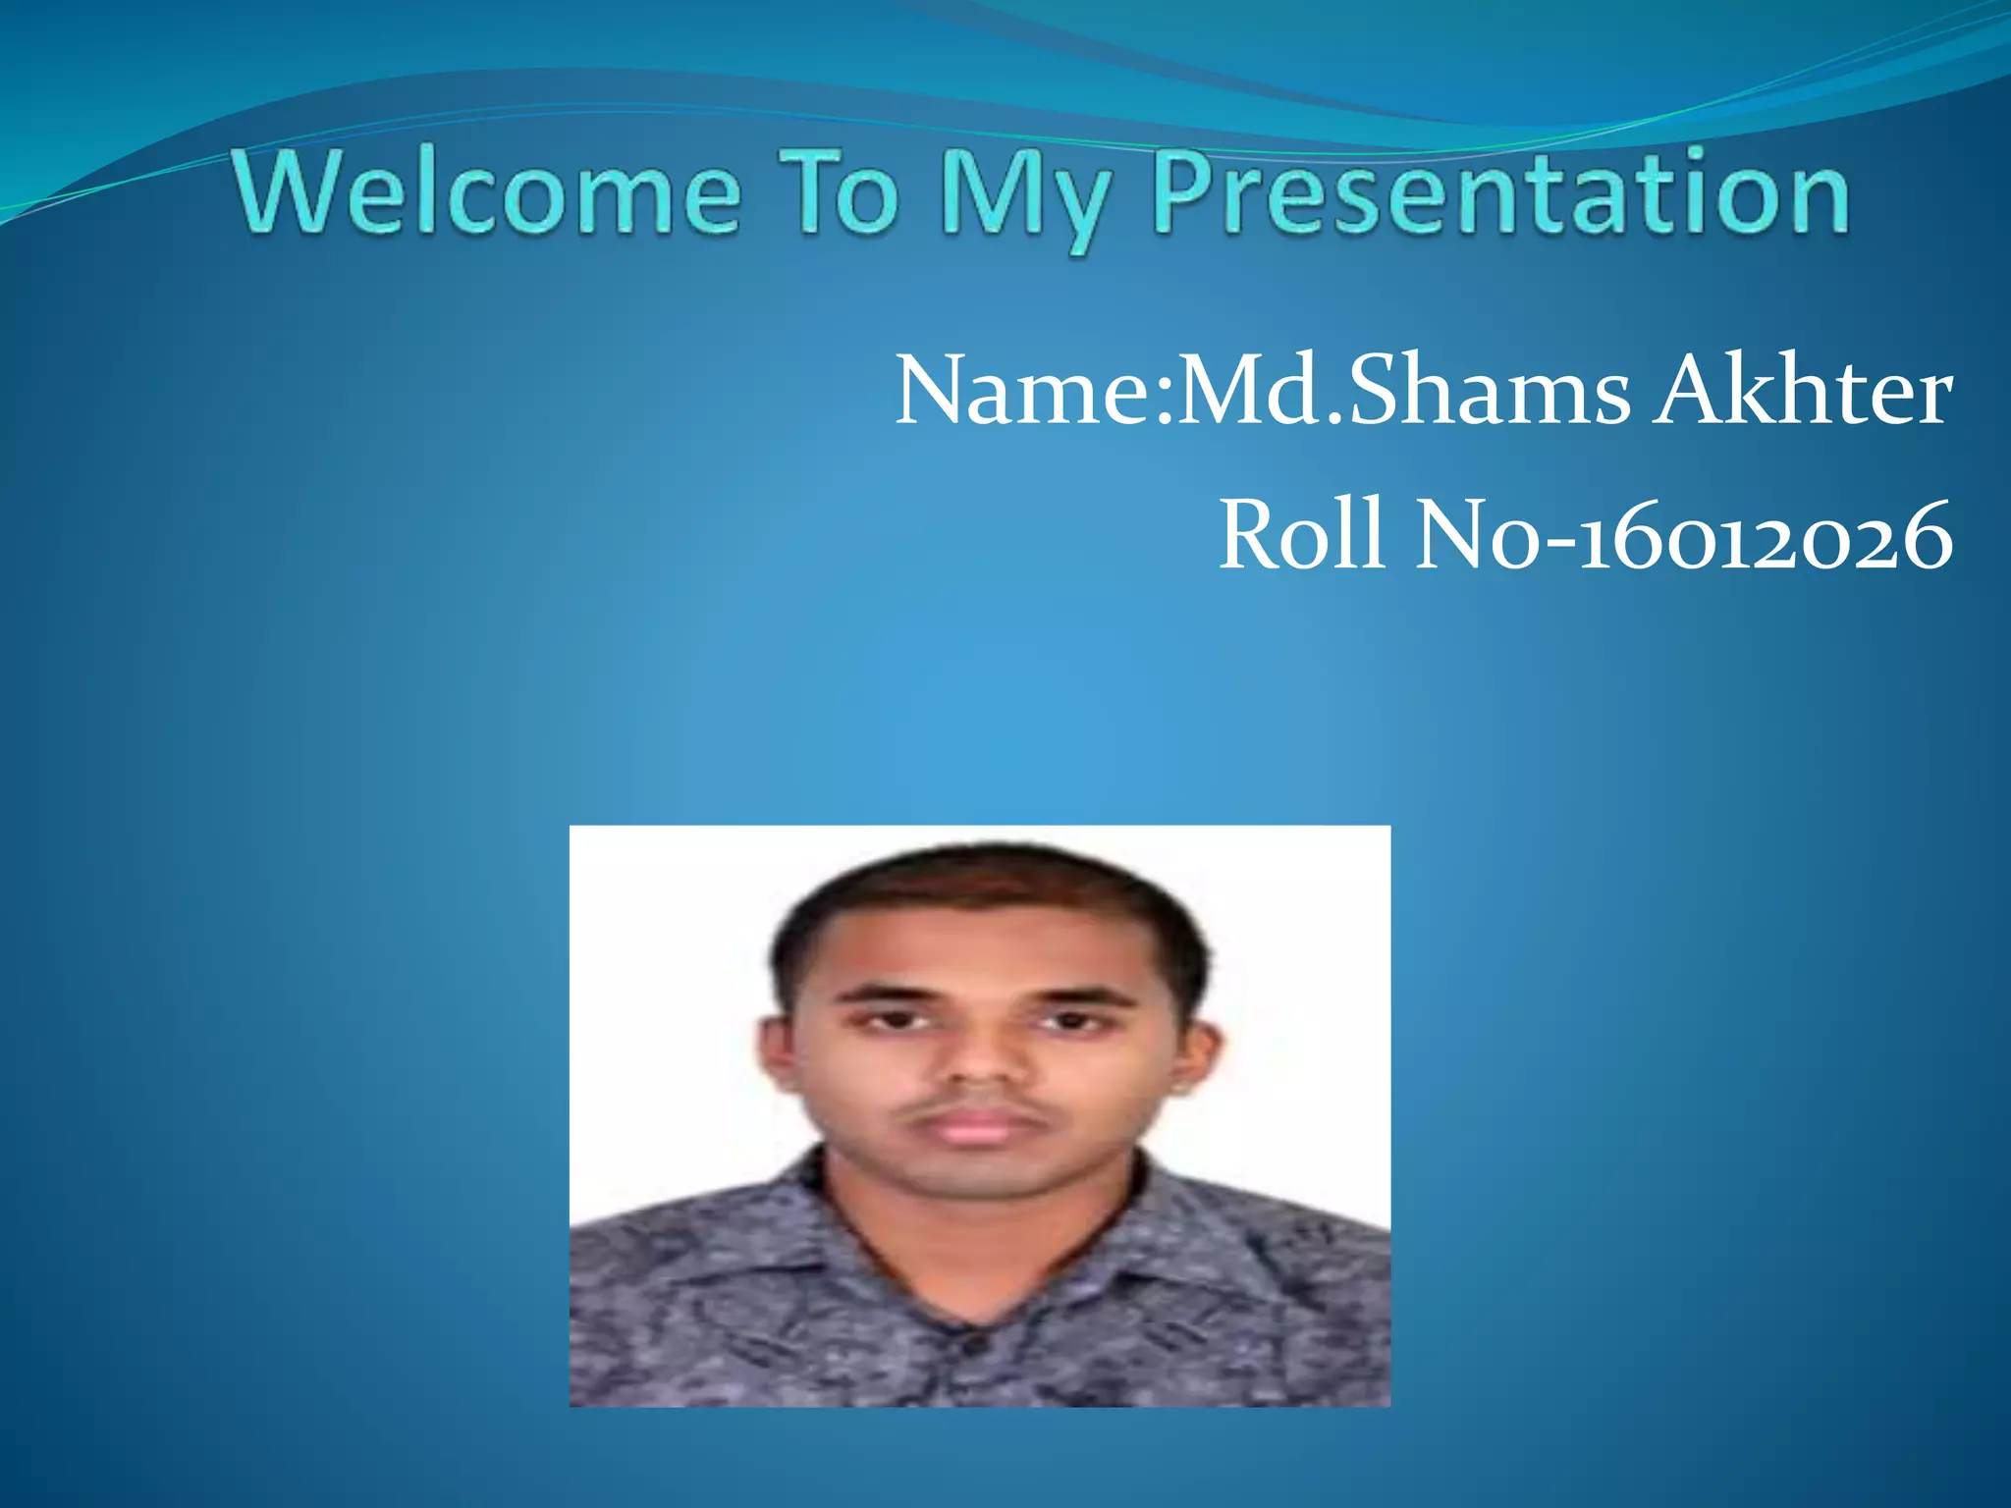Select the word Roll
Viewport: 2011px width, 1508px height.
click(1303, 536)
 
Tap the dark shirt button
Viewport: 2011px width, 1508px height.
click(975, 1344)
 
